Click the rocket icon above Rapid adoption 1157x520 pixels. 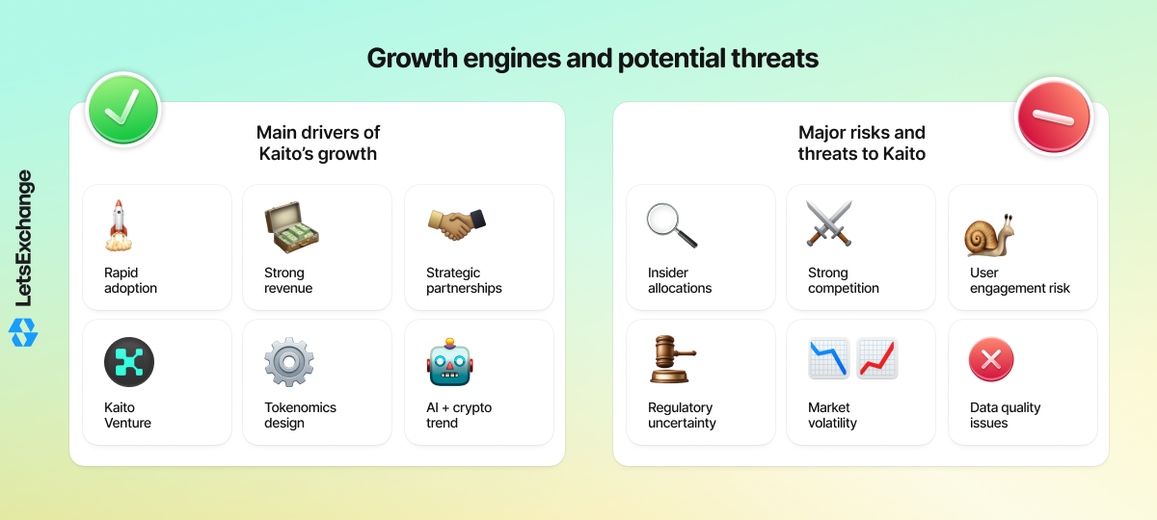pos(119,225)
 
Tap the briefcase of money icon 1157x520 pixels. pos(291,227)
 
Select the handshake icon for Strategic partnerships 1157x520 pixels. pos(457,224)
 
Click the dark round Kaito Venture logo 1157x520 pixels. pos(129,362)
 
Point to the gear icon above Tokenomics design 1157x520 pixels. pos(289,362)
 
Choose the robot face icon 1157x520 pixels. pos(450,362)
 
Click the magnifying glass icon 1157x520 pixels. pos(671,225)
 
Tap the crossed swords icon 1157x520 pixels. pos(829,223)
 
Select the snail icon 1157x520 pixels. pos(989,235)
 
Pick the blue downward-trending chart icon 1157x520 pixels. pos(828,358)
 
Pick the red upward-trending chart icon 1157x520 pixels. pos(877,358)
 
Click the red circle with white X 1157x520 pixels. pos(991,359)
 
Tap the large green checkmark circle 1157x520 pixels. pos(123,110)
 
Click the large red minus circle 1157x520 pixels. pos(1054,117)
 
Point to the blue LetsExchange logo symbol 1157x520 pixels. pos(23,332)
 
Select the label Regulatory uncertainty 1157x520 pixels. pos(682,415)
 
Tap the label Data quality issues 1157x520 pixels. pos(1005,415)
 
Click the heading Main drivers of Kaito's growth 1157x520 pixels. pos(318,143)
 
